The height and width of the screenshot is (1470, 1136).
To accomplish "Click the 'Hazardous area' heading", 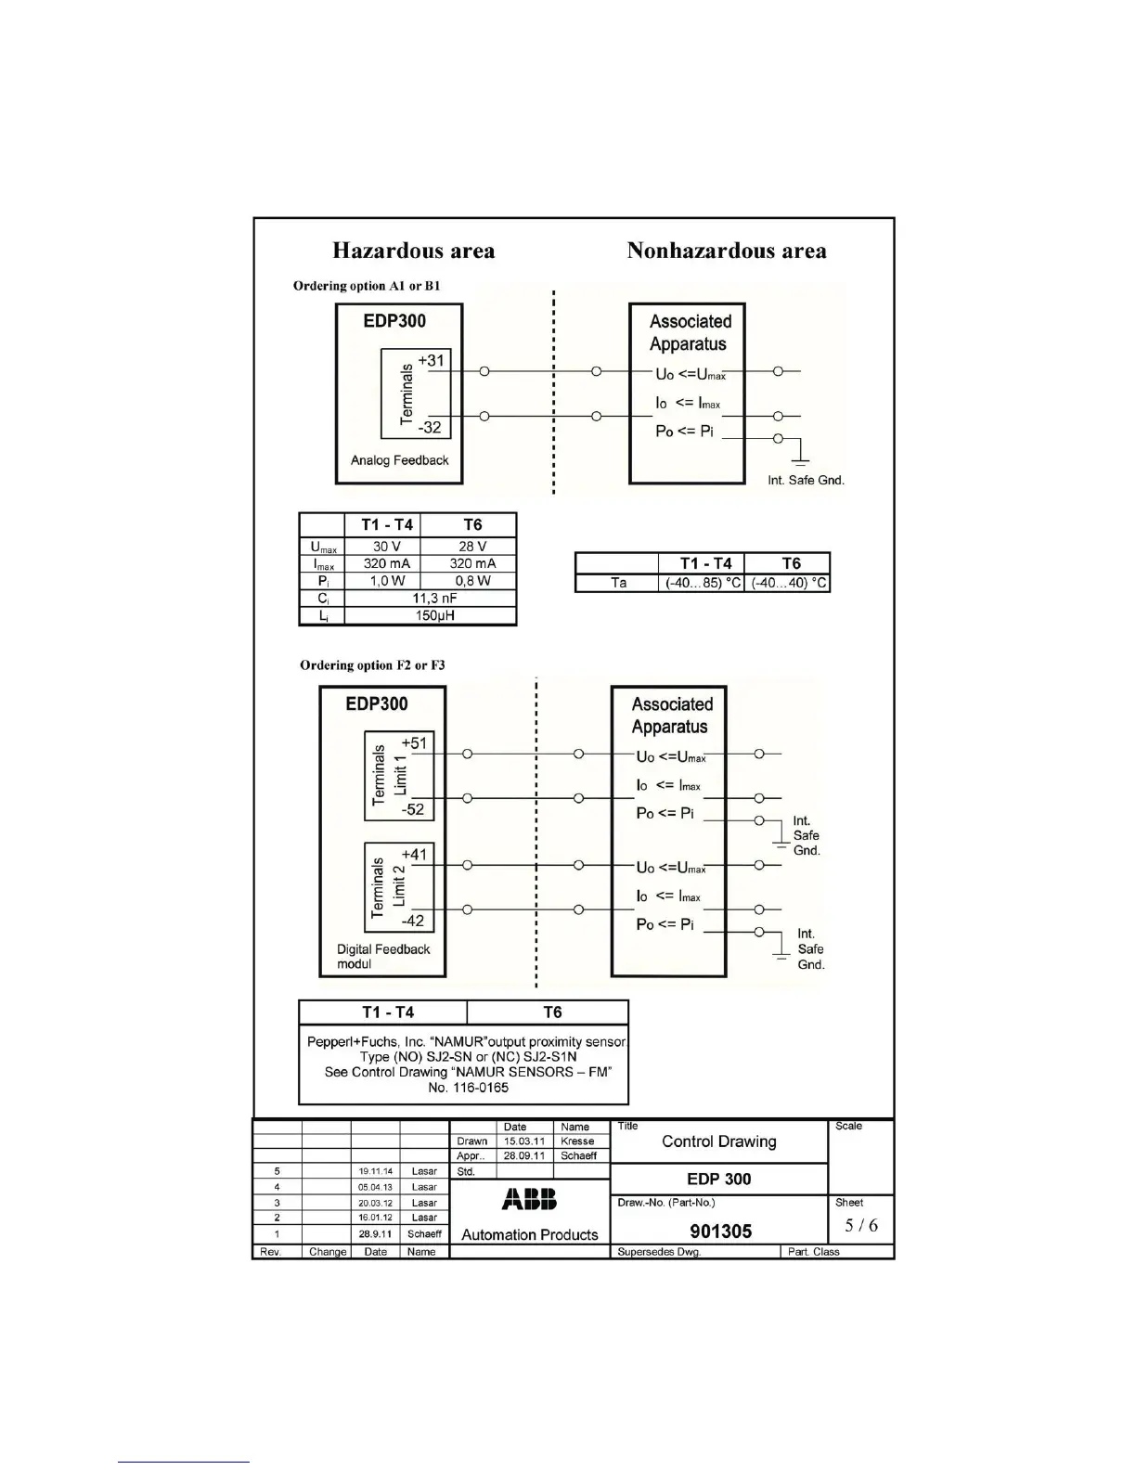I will tap(413, 251).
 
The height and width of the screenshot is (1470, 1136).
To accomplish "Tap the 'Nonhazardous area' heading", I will tap(726, 251).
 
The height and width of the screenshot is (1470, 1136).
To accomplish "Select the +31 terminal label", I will tap(431, 360).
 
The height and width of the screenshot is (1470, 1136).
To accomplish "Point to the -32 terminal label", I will tap(429, 428).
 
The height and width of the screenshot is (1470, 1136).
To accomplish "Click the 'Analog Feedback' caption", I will tap(399, 460).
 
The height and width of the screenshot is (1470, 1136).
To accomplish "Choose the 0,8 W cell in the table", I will tap(472, 581).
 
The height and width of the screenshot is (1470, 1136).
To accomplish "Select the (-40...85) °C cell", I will tap(701, 583).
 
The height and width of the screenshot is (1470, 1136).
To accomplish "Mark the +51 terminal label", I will tap(414, 742).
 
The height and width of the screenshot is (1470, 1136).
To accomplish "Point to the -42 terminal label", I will tap(412, 921).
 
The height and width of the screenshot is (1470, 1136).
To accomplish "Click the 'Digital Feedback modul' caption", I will tap(383, 957).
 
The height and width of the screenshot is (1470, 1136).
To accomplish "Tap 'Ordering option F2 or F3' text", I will tap(372, 665).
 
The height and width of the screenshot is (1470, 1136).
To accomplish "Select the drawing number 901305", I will tap(721, 1231).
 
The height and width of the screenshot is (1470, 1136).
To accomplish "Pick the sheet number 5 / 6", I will tap(861, 1225).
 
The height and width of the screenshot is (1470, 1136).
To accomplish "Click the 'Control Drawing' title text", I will tap(719, 1141).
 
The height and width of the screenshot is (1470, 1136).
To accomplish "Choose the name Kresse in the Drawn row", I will tap(577, 1141).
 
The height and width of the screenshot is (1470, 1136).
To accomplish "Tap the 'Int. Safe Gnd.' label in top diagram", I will tap(806, 481).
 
